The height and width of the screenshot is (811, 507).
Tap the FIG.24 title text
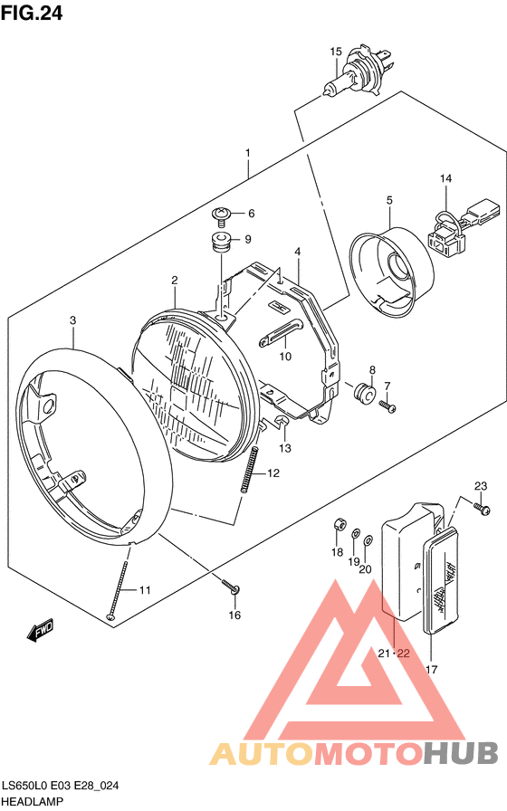click(x=32, y=13)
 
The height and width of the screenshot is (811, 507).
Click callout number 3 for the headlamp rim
click(x=73, y=320)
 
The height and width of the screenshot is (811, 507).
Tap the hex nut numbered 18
click(x=338, y=524)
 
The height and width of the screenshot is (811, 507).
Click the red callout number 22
click(x=403, y=654)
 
